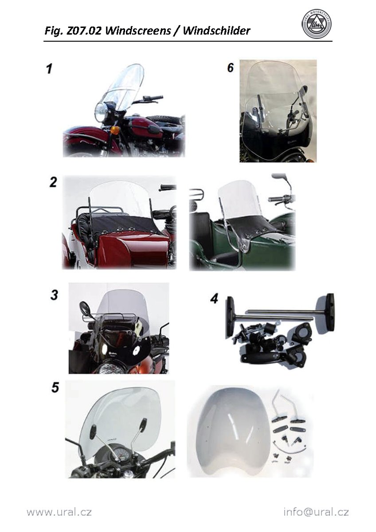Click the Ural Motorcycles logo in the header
coord(317,25)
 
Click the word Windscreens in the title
coord(138,31)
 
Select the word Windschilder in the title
coord(216,31)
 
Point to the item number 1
coord(49,69)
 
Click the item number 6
coord(231,67)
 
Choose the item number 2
coord(53,182)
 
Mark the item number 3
coord(54,295)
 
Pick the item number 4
coord(214,298)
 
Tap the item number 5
coord(55,387)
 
